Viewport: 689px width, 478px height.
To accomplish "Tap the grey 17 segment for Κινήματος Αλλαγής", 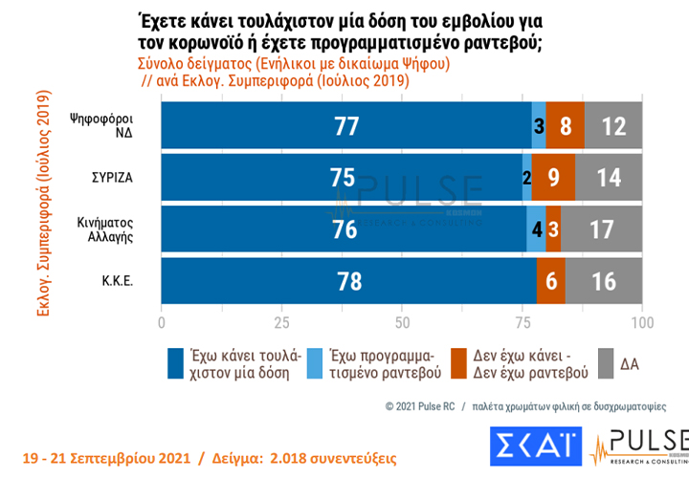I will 602,229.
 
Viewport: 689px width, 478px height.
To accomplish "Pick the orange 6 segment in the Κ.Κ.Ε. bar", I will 551,282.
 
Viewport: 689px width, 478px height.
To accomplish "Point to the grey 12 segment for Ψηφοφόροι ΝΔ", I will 613,124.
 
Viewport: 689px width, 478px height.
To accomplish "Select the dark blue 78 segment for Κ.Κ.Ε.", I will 348,282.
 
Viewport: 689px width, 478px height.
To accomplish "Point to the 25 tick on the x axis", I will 281,321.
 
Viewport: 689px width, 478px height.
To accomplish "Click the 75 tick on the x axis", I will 522,321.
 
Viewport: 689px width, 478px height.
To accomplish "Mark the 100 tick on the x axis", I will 642,321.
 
